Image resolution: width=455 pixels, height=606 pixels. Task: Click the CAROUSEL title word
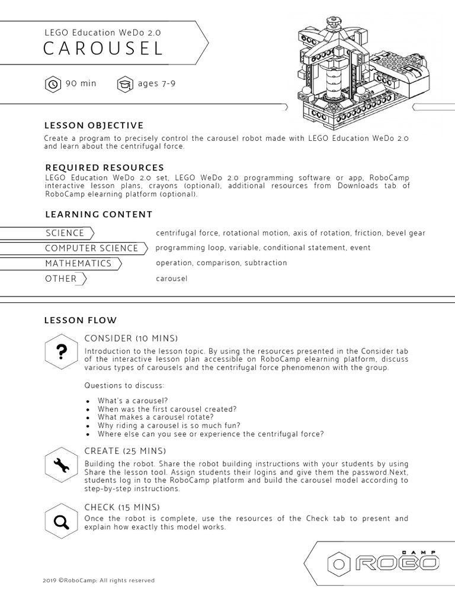coord(103,49)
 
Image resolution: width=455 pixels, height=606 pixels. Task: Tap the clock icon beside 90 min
coord(53,84)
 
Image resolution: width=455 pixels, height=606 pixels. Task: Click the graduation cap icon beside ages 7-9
coord(125,84)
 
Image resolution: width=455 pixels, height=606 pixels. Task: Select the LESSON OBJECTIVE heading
coord(94,125)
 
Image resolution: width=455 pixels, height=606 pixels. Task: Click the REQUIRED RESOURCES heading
coord(104,167)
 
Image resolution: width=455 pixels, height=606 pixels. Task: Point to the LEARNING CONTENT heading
coord(98,214)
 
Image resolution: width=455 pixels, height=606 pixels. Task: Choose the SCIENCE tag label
coord(65,233)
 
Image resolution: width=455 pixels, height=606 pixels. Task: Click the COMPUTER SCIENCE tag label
coord(91,249)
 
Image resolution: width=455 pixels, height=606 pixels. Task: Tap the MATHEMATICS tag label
coord(78,263)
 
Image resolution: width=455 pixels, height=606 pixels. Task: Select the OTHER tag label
coord(61,279)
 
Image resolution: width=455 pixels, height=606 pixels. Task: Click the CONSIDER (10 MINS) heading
coord(131,339)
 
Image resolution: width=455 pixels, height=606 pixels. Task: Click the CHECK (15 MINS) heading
coord(122,507)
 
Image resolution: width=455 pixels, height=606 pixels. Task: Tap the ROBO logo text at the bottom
coord(398,563)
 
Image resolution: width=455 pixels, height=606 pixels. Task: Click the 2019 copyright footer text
coord(98,581)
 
